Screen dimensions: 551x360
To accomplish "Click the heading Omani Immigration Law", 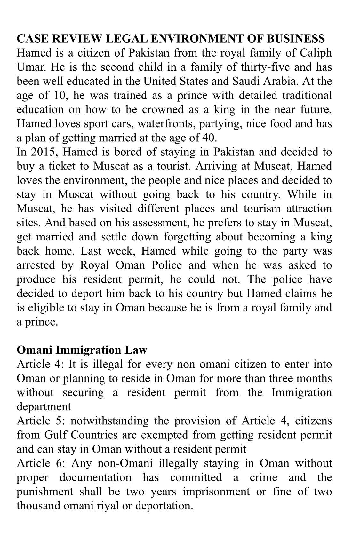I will (82, 350).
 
